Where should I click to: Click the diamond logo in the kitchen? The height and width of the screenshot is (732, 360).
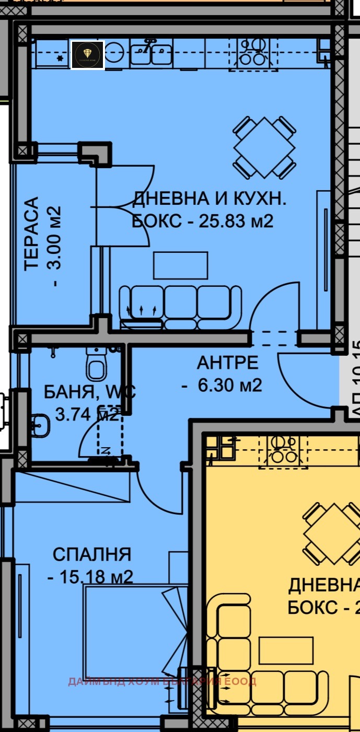(x=88, y=55)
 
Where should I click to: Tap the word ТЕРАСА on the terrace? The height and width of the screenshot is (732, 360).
(x=32, y=234)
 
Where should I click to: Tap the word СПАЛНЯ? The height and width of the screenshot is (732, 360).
(x=92, y=554)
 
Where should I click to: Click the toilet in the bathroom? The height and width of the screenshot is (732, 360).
(x=97, y=364)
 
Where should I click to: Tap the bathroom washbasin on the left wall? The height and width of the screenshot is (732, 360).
(x=40, y=424)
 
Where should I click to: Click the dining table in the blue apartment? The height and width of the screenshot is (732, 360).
(x=264, y=147)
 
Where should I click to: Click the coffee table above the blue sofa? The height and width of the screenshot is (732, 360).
(x=180, y=265)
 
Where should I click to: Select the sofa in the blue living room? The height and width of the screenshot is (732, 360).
(x=180, y=306)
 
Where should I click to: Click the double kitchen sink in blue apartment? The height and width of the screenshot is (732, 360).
(x=151, y=52)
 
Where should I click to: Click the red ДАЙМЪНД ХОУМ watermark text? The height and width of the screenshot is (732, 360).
(x=162, y=681)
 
